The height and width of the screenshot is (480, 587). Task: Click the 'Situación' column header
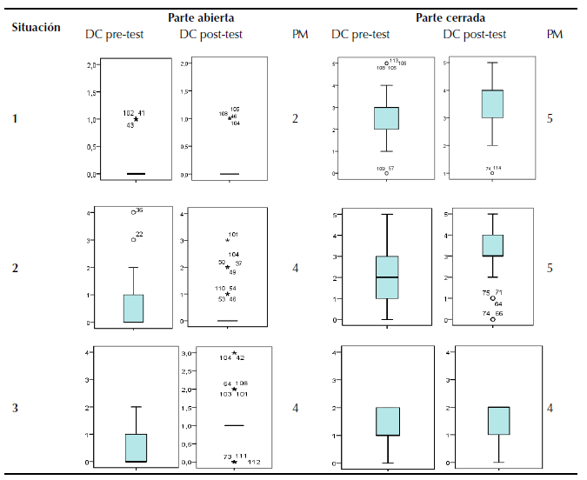[x=36, y=27]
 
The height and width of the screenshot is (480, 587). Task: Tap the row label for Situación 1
[x=14, y=117]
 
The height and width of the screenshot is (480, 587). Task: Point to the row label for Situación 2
[x=14, y=267]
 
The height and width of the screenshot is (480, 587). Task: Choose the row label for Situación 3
[x=14, y=407]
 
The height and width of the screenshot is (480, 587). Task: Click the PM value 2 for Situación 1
[x=295, y=117]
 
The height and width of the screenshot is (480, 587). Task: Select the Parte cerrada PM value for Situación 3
[x=550, y=407]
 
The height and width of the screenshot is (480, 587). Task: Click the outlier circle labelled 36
[x=133, y=211]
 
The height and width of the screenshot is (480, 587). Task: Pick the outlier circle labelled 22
[x=133, y=239]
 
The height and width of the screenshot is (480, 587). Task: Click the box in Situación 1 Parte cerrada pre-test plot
[x=386, y=117]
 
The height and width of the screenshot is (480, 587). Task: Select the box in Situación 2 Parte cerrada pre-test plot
[x=386, y=277]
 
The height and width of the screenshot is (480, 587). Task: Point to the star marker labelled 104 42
[x=233, y=352]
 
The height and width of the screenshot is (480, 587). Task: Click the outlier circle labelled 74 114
[x=492, y=173]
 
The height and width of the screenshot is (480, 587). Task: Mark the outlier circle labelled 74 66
[x=492, y=319]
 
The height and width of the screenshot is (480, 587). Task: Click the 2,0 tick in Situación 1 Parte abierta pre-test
[x=91, y=65]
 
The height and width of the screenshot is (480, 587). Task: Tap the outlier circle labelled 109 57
[x=386, y=173]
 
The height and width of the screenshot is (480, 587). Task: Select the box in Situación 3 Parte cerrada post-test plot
[x=498, y=420]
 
